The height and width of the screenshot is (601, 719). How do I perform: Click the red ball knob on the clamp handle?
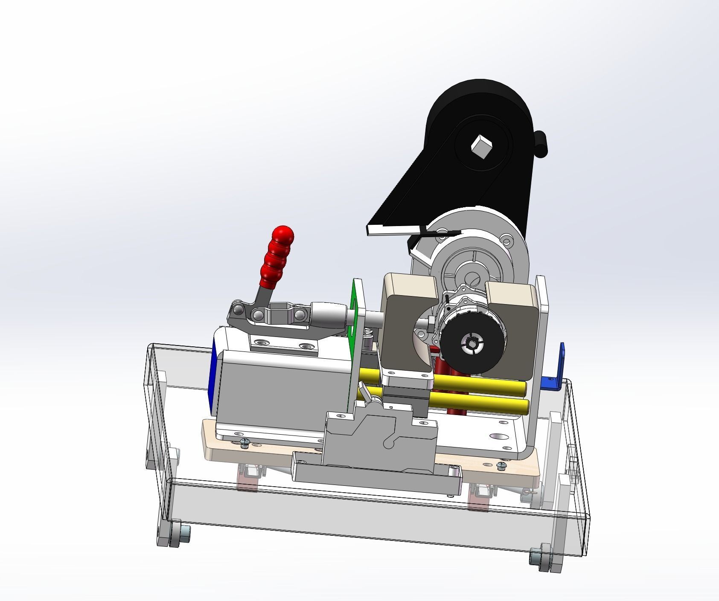point(283,236)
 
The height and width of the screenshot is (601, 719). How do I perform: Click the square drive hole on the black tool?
point(482,146)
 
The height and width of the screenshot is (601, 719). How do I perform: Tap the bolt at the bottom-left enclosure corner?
point(184,532)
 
